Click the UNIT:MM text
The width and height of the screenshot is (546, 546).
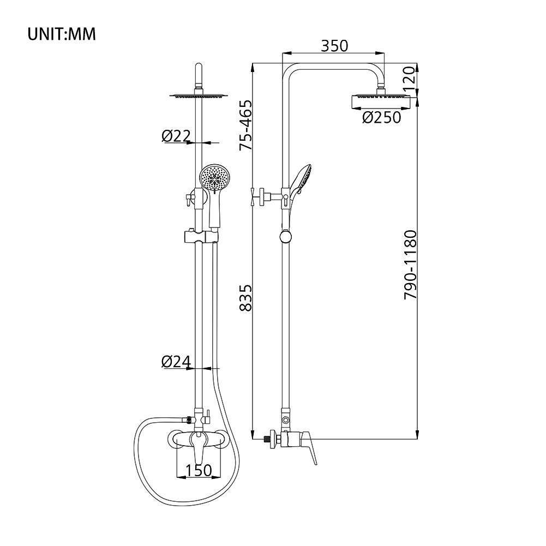pos(61,34)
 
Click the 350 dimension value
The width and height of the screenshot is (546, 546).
pos(334,46)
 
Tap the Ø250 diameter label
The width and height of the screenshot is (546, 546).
pos(382,117)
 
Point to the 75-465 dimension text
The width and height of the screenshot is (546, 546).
pos(245,125)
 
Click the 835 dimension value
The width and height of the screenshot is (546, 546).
pos(245,298)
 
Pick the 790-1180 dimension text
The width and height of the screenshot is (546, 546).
pos(410,265)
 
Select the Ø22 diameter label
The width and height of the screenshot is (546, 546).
pos(177,136)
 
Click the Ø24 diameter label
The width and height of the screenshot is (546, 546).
pos(177,362)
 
